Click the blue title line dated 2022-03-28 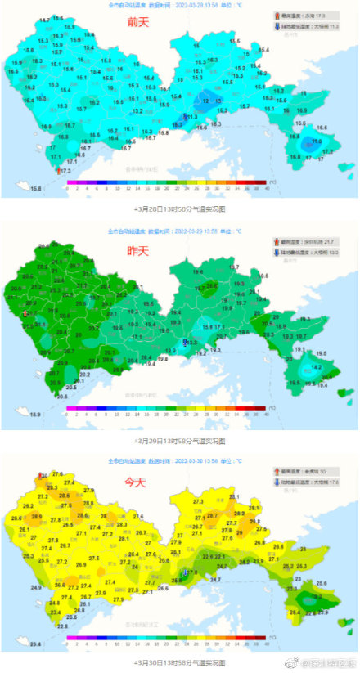click(x=175, y=5)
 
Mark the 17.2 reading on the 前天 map click(x=327, y=152)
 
